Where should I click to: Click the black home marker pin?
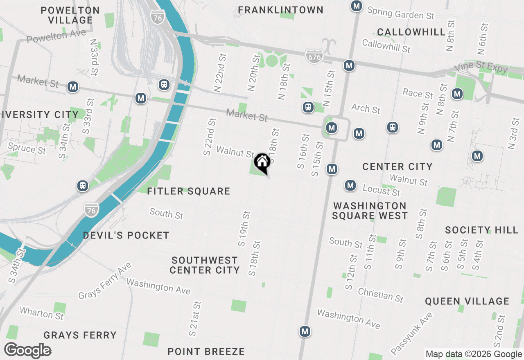(x=262, y=163)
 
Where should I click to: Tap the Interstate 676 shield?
(x=314, y=56)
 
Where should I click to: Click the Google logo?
(x=27, y=351)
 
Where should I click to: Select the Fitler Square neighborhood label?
(x=189, y=191)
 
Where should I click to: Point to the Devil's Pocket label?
(x=126, y=235)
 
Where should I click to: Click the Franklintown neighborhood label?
(x=281, y=10)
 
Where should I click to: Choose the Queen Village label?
(x=467, y=301)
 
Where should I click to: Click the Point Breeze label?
(x=206, y=351)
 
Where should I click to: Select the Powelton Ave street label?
(x=56, y=36)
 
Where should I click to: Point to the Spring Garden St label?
(x=401, y=13)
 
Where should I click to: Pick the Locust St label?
(x=382, y=190)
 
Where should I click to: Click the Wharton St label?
(x=42, y=314)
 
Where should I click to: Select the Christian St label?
(x=381, y=295)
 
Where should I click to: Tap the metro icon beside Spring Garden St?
(x=357, y=6)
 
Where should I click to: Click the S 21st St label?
(x=195, y=319)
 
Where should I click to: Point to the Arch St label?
(x=366, y=108)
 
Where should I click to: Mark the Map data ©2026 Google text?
(x=474, y=354)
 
